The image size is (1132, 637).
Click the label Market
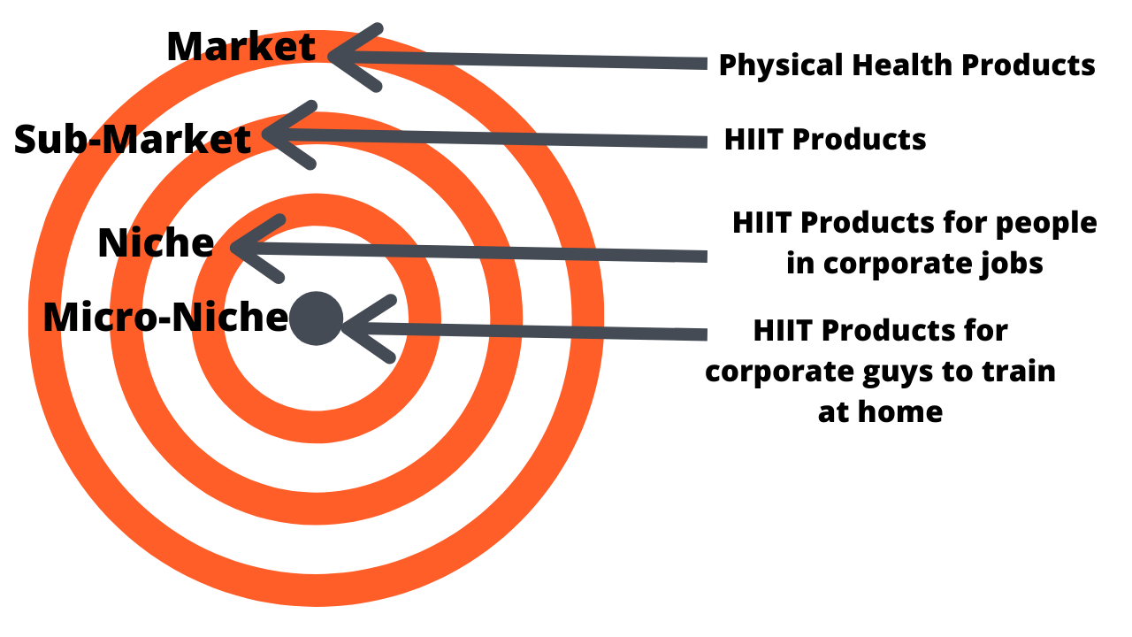pos(241,46)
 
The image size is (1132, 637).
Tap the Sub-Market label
pos(133,139)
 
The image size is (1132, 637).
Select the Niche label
pos(156,242)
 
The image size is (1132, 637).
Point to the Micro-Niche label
pos(165,317)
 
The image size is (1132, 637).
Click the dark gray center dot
pos(316,318)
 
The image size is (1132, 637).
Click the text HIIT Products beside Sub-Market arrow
pos(825,139)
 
